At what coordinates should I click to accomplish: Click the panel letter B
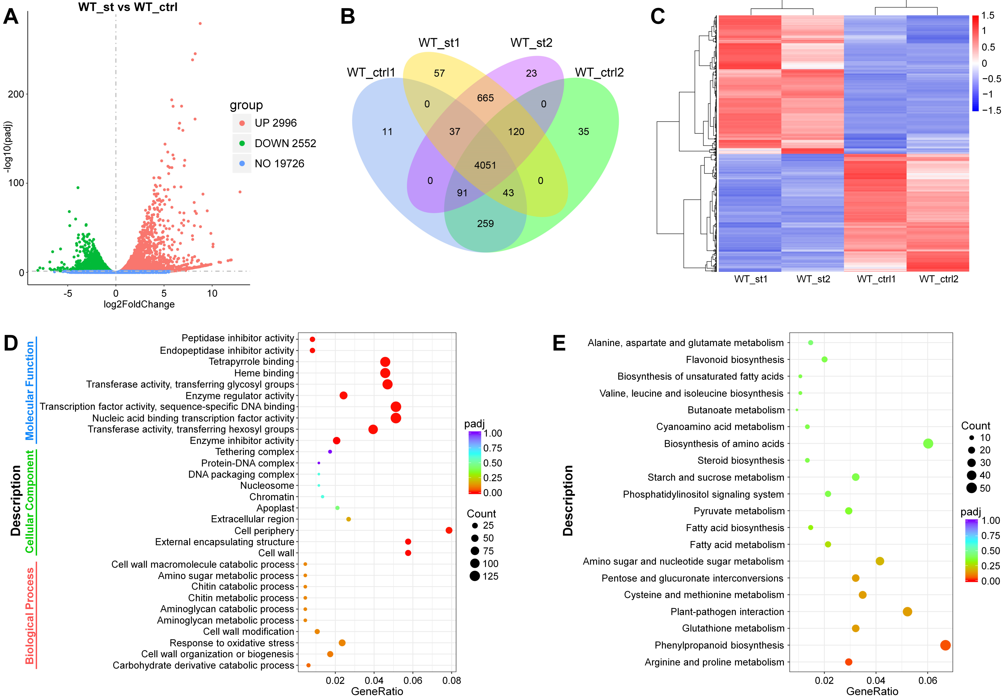(348, 17)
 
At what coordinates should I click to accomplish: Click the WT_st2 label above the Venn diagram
(531, 43)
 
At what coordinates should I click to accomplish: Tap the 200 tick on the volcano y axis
(16, 95)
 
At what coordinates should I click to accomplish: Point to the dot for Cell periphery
(449, 530)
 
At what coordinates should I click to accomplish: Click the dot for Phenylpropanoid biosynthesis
(945, 645)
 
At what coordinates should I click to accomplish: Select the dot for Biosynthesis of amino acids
(928, 444)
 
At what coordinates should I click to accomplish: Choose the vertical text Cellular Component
(29, 502)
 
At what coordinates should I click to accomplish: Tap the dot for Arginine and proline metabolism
(848, 662)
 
